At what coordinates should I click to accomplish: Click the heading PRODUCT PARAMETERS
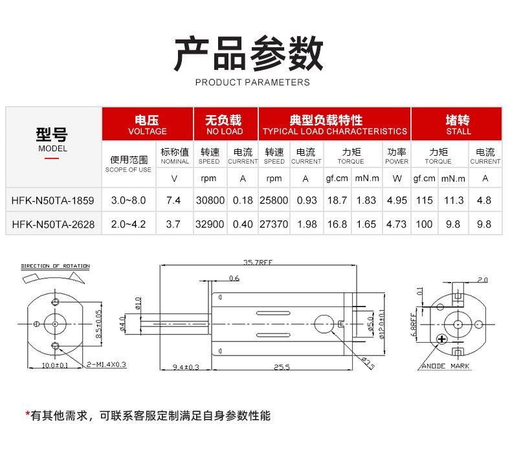point(252,82)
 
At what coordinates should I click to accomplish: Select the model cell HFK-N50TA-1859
point(53,200)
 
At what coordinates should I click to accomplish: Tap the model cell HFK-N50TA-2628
point(53,224)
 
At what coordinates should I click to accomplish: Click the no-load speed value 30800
point(210,200)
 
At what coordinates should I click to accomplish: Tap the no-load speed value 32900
point(210,224)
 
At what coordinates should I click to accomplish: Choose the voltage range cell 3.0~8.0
point(128,200)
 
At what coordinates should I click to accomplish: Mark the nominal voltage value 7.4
point(173,200)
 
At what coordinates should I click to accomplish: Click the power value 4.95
point(396,200)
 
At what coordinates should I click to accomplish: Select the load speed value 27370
point(274,224)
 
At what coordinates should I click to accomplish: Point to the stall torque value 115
point(424,200)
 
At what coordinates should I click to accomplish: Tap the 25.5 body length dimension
point(281,367)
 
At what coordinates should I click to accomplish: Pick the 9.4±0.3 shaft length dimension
point(186,367)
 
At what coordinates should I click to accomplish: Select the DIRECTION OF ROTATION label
point(56,266)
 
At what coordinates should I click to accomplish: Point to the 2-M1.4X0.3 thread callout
point(106,365)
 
